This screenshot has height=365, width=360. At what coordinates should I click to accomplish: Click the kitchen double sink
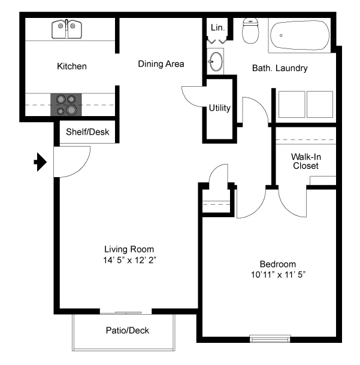(66, 29)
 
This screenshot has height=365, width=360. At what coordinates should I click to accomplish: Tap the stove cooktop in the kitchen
(66, 105)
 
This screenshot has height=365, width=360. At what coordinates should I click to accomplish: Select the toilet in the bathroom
(250, 31)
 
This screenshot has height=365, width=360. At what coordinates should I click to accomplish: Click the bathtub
(300, 35)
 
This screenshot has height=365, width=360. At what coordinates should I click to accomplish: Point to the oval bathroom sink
(216, 62)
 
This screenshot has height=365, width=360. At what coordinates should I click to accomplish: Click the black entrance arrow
(40, 162)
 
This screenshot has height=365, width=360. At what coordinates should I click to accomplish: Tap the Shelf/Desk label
(87, 132)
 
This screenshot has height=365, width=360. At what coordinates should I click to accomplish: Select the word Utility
(219, 108)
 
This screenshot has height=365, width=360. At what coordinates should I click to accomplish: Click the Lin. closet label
(217, 28)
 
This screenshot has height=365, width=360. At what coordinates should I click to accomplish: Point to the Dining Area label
(161, 64)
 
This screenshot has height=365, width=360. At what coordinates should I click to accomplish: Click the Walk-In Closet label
(306, 162)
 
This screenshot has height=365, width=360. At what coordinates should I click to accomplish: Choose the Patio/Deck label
(127, 330)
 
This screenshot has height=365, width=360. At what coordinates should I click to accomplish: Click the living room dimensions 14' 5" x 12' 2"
(129, 260)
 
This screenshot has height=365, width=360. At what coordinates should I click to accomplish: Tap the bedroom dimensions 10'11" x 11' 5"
(278, 275)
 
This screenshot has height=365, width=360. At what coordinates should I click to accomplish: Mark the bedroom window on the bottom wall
(270, 339)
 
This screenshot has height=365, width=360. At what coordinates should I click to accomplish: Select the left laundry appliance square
(292, 104)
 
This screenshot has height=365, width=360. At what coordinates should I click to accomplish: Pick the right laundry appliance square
(320, 104)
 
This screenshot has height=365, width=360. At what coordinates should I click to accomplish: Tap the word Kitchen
(72, 66)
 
